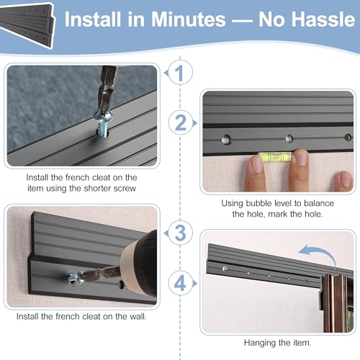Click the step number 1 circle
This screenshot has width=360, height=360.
point(180,73)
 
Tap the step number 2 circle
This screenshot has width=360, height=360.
point(181,122)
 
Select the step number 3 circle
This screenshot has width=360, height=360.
point(180,233)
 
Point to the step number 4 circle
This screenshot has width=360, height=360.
point(181,283)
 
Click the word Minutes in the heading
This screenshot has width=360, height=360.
point(189,19)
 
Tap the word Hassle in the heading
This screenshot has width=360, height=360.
point(307,19)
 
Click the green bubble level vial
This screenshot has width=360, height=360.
point(275,156)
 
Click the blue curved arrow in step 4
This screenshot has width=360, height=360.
point(318,255)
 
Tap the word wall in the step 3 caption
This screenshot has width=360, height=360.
point(138,316)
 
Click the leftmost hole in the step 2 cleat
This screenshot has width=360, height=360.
point(226,139)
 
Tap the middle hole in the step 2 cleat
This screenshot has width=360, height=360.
point(289,138)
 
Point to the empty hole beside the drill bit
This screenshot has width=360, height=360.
point(120,284)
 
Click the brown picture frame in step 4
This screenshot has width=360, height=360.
point(336,303)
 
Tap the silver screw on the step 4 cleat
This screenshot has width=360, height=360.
point(225,269)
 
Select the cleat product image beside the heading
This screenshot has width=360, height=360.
point(27,24)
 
